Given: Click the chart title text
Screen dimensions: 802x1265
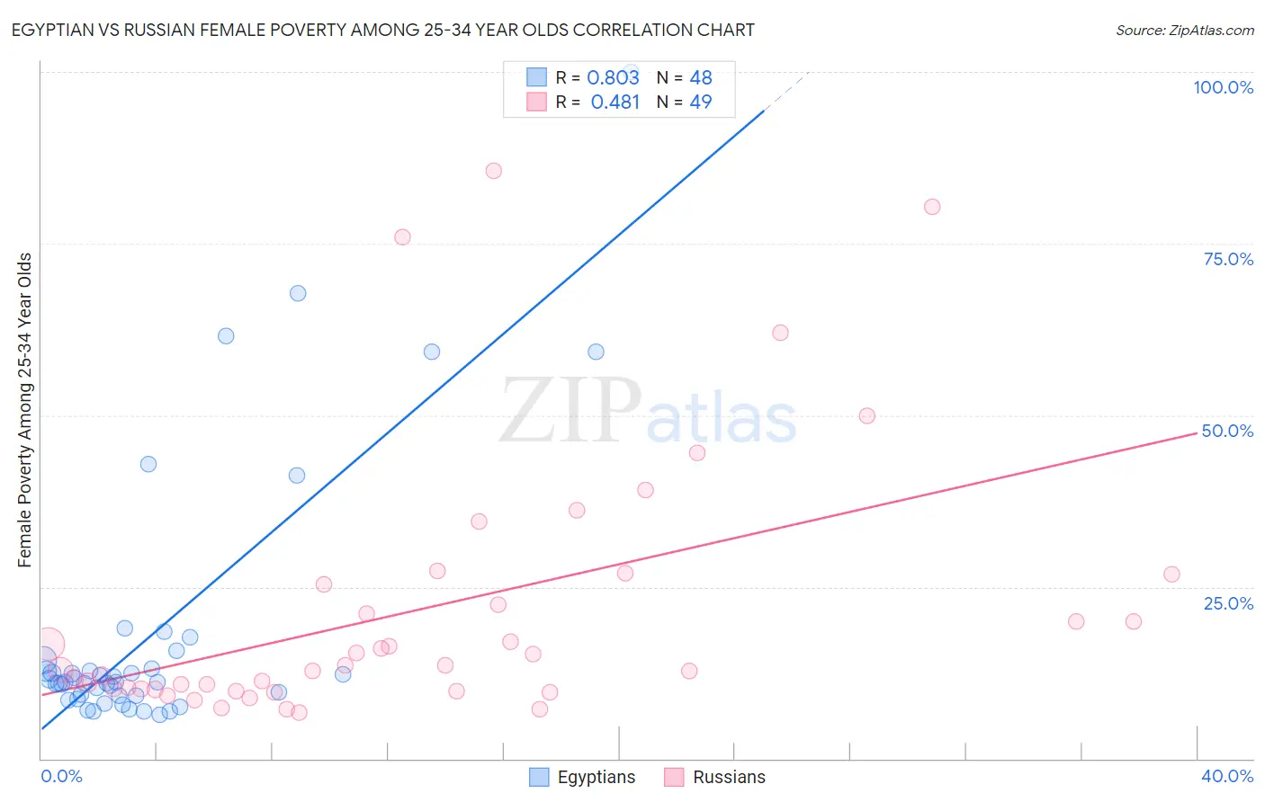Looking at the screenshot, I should coord(382,30).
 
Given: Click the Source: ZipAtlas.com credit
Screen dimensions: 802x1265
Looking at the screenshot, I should coord(1184,30).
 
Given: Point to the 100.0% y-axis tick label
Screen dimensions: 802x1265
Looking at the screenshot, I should coord(1223,87).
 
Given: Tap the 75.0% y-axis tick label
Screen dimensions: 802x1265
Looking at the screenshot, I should coord(1227,259).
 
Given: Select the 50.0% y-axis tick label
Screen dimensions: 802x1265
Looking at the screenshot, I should coord(1227,431).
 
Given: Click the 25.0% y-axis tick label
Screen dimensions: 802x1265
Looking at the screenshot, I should coord(1227,602).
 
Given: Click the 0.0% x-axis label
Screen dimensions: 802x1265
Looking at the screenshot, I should coord(61,776).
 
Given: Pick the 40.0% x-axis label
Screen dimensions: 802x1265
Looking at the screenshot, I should coord(1226,776).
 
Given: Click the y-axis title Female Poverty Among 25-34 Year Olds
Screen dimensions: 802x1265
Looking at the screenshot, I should coord(25,410).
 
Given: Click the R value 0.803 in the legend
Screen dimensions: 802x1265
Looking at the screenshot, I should coord(613,77).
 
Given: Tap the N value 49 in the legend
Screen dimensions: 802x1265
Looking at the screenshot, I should coord(700,102).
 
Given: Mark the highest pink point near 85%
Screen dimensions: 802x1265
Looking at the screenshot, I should coord(493,171).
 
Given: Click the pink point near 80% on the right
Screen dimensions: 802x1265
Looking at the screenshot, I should coord(932,207).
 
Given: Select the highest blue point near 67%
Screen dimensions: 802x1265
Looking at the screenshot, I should coord(298,293).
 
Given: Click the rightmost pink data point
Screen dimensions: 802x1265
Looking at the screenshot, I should coord(1171,575).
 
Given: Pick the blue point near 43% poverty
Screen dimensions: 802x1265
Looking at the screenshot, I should coord(148,464).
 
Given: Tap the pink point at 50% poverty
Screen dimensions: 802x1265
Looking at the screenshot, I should coord(867,415).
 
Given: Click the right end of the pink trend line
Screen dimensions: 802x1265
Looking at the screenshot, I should coord(1197,432).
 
